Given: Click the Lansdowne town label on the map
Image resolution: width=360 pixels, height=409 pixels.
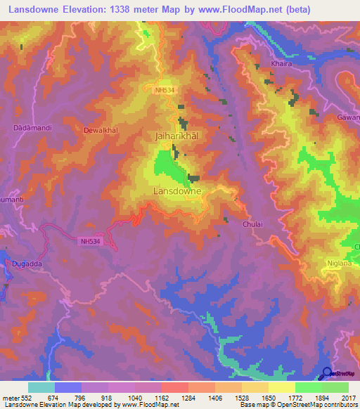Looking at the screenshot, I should (177, 190).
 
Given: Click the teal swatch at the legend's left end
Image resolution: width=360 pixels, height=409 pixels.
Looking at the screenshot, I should (41, 387).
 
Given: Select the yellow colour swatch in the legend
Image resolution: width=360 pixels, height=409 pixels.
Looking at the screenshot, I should (281, 387).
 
